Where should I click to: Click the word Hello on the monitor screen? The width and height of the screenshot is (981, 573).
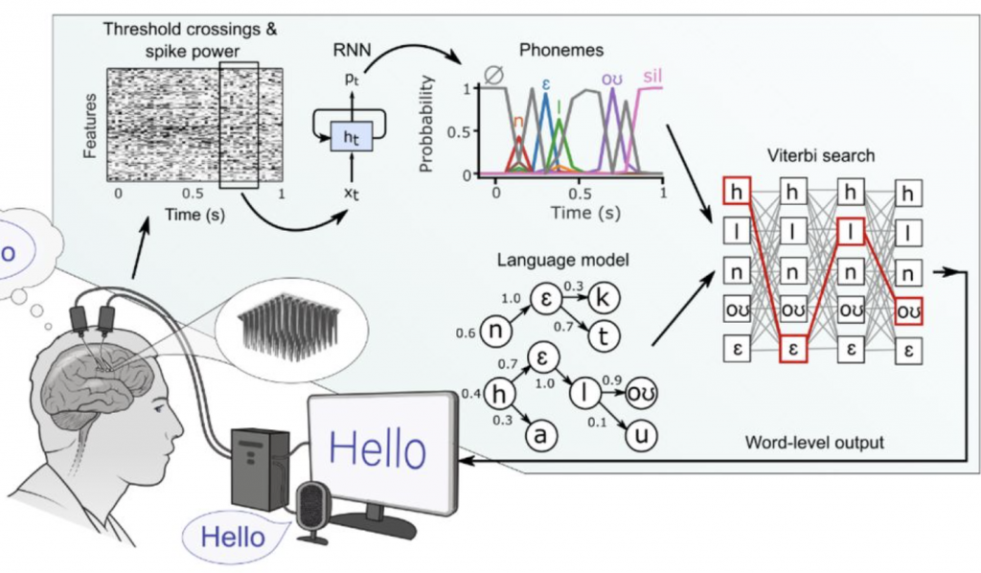coord(375,447)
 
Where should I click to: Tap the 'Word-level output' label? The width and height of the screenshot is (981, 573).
coord(813,444)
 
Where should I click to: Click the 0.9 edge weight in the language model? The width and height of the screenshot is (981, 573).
coord(614,379)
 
